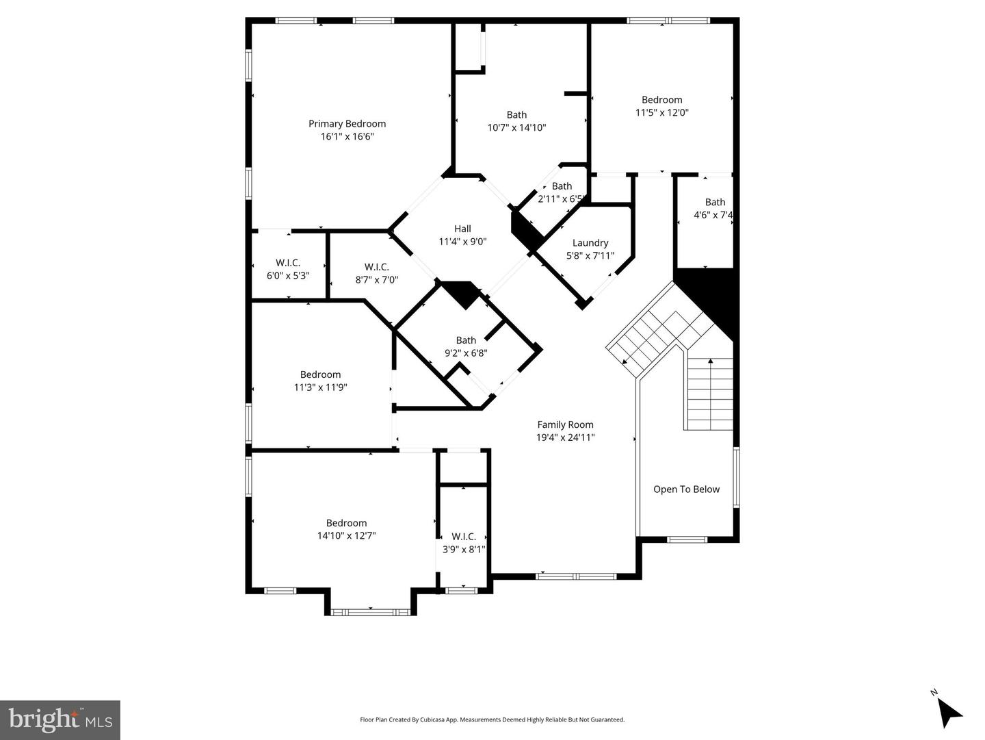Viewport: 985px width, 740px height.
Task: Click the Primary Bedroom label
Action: (x=347, y=124)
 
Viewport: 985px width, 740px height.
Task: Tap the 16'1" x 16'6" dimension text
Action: (x=347, y=136)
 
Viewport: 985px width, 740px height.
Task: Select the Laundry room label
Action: (x=590, y=243)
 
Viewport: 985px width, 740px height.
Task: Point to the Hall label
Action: (x=462, y=229)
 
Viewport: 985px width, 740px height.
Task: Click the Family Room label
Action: (x=565, y=424)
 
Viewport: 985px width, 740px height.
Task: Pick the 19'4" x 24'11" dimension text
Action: (x=565, y=437)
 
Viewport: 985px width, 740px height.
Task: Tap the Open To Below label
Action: (x=686, y=489)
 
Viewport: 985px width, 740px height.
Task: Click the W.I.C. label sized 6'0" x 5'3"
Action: (x=288, y=263)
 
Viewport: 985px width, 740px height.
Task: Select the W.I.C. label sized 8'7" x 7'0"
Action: (x=376, y=267)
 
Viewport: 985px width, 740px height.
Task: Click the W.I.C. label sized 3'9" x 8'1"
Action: (x=464, y=537)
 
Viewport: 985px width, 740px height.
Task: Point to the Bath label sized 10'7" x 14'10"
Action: (x=516, y=115)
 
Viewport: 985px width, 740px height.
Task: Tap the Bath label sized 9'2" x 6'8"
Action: (x=466, y=340)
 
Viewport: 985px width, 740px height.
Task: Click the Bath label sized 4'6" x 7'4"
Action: (x=715, y=202)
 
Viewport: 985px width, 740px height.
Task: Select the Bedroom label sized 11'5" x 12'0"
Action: (x=661, y=100)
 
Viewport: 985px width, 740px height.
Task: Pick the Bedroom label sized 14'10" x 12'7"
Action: (x=346, y=523)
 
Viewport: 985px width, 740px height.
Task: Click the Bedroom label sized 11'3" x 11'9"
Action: (x=320, y=374)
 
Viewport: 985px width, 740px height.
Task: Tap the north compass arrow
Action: (x=947, y=711)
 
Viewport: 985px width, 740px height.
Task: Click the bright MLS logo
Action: (x=60, y=720)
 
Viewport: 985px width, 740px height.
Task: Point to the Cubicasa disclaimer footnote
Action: (x=492, y=719)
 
